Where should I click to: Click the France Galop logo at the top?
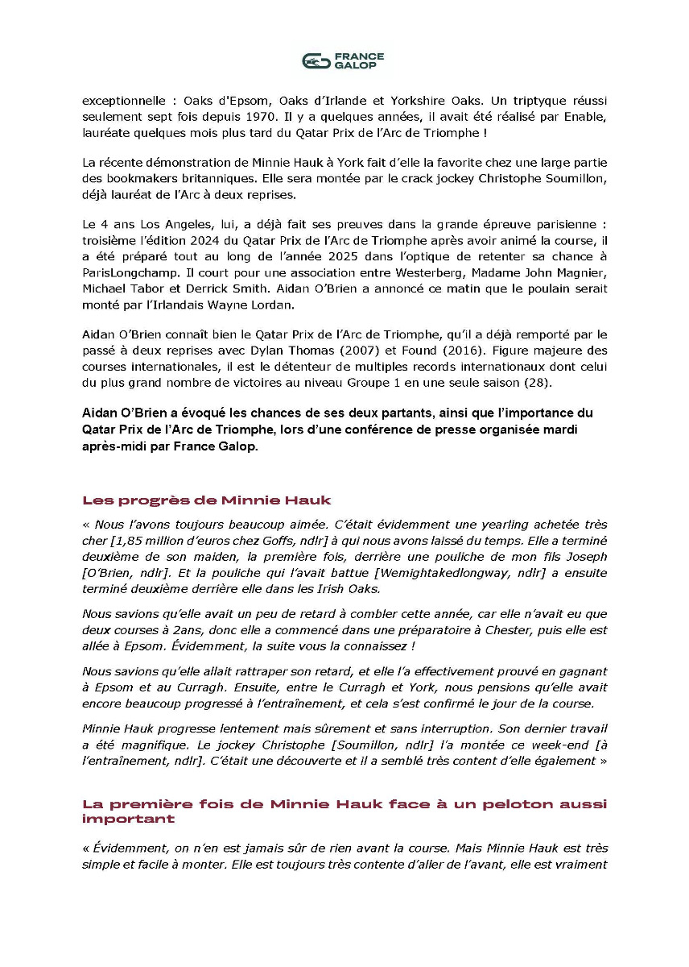click(x=344, y=60)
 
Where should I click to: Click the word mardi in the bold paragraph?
click(x=556, y=430)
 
